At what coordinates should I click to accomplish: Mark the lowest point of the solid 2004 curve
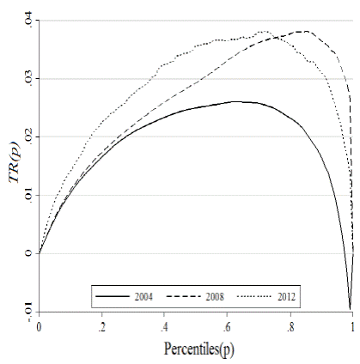coord(351,307)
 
